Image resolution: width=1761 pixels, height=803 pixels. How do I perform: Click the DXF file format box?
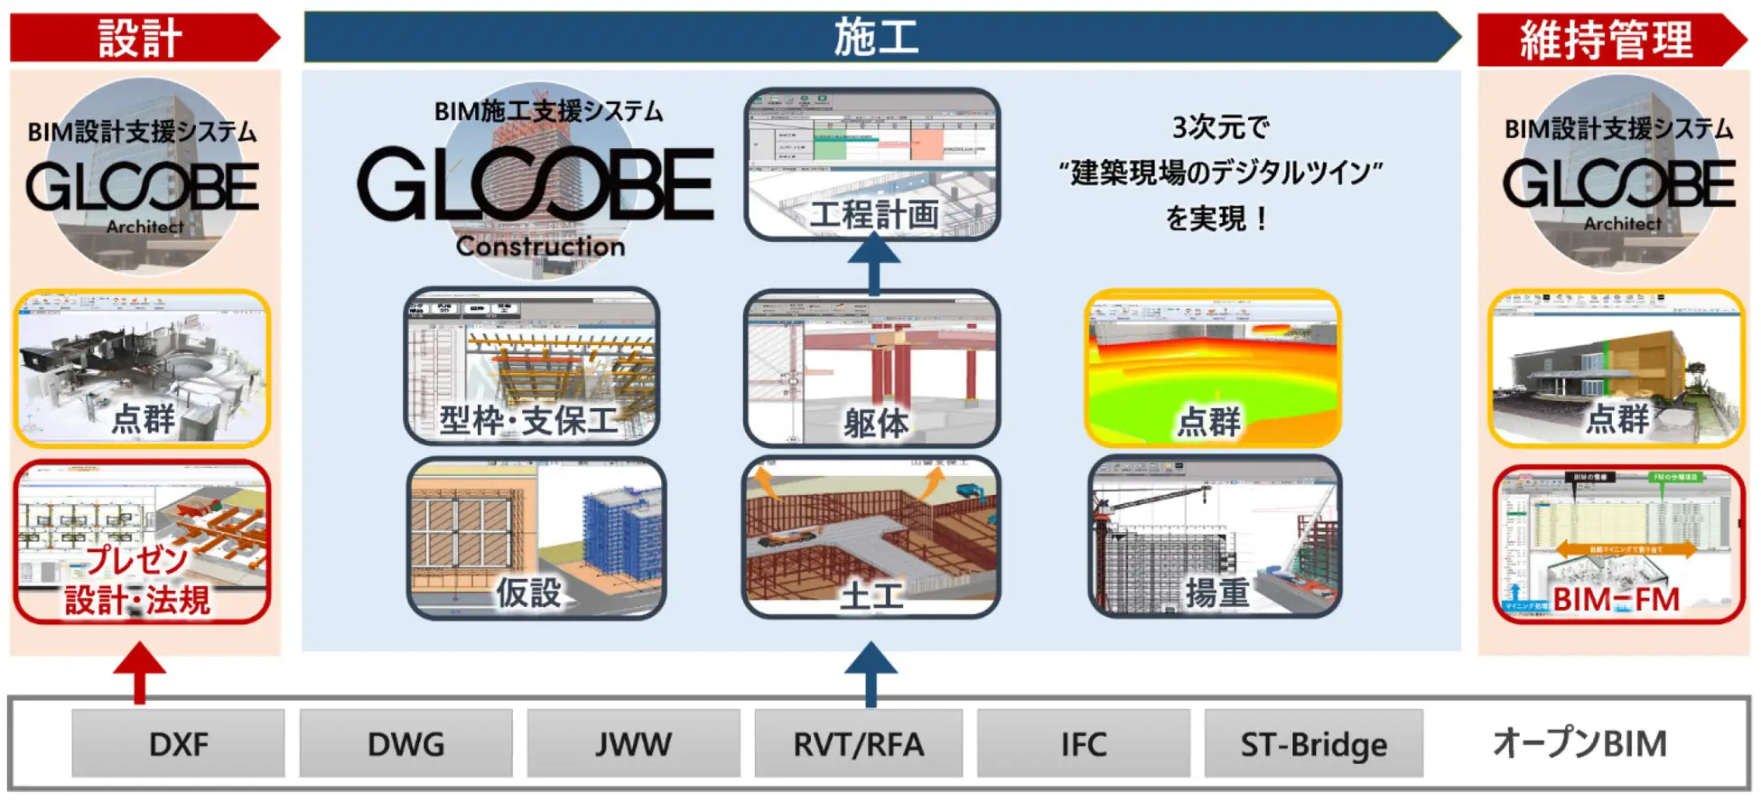click(178, 743)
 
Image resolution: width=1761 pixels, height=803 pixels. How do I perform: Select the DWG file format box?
click(405, 743)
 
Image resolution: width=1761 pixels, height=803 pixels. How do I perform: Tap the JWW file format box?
click(633, 743)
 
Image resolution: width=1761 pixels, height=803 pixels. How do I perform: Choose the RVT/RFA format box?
click(858, 743)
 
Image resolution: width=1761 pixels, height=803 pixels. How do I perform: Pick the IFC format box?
click(1083, 743)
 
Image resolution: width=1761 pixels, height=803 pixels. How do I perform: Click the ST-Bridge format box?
click(1313, 743)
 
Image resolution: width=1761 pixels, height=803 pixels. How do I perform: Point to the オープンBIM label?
click(1579, 743)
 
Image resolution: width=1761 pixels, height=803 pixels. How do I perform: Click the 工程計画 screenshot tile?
click(872, 164)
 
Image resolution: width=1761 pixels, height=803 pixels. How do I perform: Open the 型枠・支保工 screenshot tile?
click(532, 367)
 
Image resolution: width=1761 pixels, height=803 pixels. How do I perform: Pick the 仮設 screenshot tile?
click(536, 538)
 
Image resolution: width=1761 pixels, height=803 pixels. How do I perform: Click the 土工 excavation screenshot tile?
click(871, 537)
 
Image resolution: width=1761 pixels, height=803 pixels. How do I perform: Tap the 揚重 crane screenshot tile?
click(1215, 537)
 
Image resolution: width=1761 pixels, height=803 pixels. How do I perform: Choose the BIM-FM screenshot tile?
click(1617, 545)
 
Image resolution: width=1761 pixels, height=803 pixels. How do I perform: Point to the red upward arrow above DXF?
click(139, 672)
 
